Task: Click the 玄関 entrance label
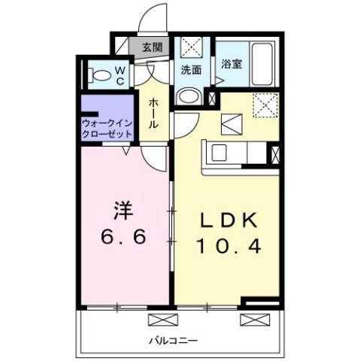point(152,47)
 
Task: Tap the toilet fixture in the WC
point(95,74)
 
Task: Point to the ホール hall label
point(153,113)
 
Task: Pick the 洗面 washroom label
point(191,70)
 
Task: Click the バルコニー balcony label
point(177,341)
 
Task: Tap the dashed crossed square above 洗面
point(190,47)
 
